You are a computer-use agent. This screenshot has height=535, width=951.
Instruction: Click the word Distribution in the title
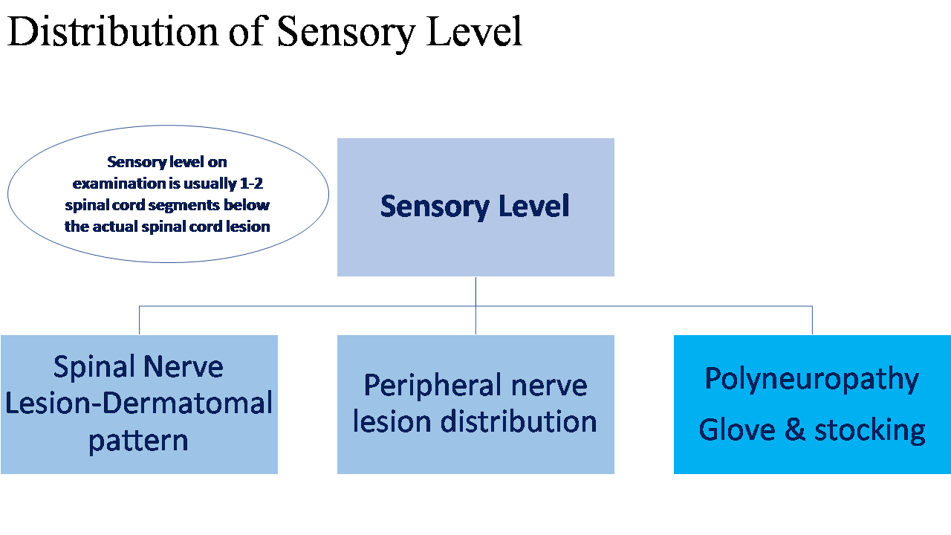click(x=112, y=31)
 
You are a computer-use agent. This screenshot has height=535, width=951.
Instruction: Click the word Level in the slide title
click(x=474, y=31)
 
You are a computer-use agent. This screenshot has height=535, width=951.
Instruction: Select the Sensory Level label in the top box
click(x=475, y=207)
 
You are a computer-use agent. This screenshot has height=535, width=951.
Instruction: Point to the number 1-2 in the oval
click(x=251, y=184)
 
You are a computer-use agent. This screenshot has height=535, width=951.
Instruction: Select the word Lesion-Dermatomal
click(x=139, y=403)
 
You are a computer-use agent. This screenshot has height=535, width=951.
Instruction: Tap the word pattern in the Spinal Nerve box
click(x=138, y=441)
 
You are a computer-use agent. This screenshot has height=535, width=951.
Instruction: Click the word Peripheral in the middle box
click(x=432, y=386)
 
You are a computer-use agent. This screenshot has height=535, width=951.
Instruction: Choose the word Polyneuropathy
click(x=812, y=379)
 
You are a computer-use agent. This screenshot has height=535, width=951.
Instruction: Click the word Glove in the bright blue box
click(x=737, y=429)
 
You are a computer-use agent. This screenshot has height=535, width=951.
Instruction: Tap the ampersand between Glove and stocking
click(x=795, y=429)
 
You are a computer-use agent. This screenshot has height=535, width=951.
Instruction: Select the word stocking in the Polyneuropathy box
click(x=869, y=432)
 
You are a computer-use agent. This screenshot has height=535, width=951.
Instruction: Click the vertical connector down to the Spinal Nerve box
click(x=139, y=320)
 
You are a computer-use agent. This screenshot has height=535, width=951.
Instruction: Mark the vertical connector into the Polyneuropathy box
click(x=812, y=320)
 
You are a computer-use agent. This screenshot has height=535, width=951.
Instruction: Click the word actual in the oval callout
click(x=114, y=227)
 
